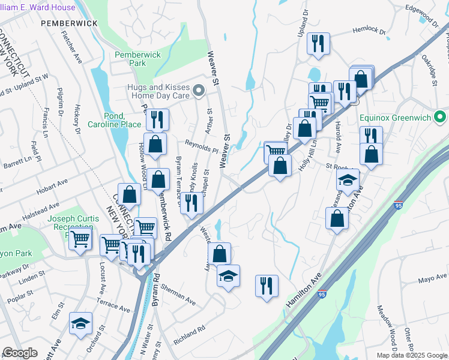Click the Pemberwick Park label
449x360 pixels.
pos(137,59)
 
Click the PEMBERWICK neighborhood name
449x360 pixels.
pos(69,23)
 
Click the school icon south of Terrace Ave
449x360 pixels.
pos(80,323)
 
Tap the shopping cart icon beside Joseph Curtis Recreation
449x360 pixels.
pos(80,238)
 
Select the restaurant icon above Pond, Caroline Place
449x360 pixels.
pos(157,119)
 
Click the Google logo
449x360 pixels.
pos(20,353)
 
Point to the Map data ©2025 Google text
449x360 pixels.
pos(412,355)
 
